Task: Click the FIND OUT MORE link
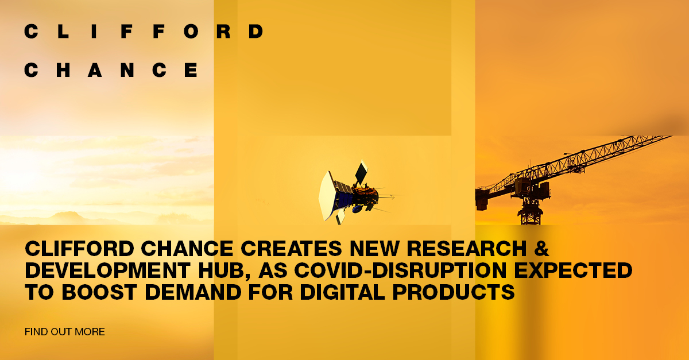pyautogui.click(x=65, y=332)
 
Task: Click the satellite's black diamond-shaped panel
pyautogui.click(x=361, y=173)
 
